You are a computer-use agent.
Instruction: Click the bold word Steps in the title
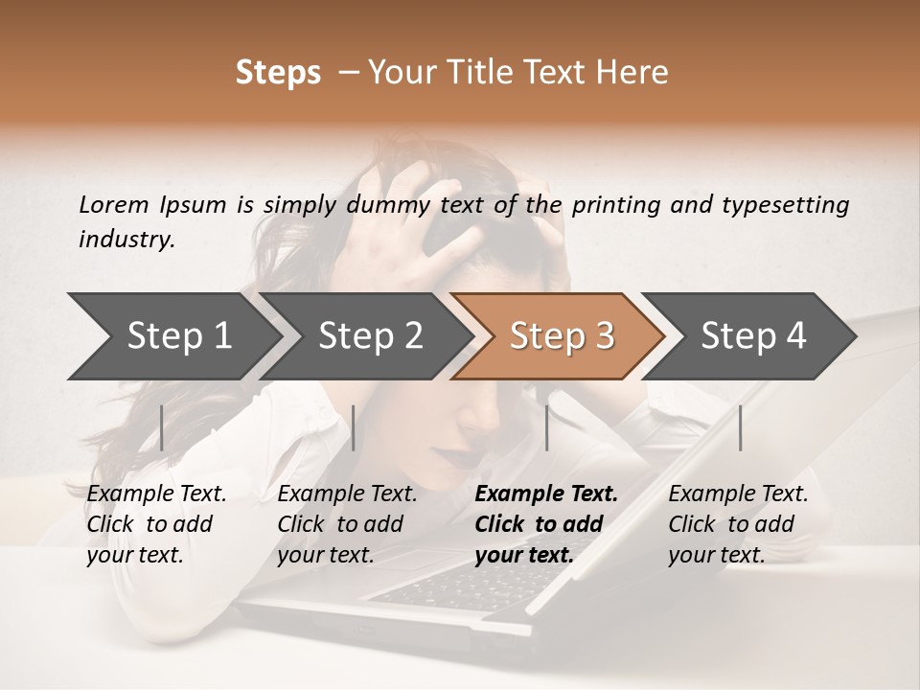pyautogui.click(x=278, y=73)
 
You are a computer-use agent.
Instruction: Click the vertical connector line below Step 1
pyautogui.click(x=162, y=427)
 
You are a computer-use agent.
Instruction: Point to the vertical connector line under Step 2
pyautogui.click(x=354, y=427)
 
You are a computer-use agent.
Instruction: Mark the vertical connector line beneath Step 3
pyautogui.click(x=546, y=427)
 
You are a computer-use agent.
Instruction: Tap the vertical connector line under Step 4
pyautogui.click(x=740, y=427)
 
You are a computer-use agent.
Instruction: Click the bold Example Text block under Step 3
pyautogui.click(x=546, y=524)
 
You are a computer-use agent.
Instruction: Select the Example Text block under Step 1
pyautogui.click(x=156, y=524)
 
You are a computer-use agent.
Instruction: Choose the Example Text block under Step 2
pyautogui.click(x=347, y=524)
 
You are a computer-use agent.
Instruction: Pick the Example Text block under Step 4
pyautogui.click(x=738, y=524)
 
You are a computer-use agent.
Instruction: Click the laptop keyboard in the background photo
pyautogui.click(x=460, y=585)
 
